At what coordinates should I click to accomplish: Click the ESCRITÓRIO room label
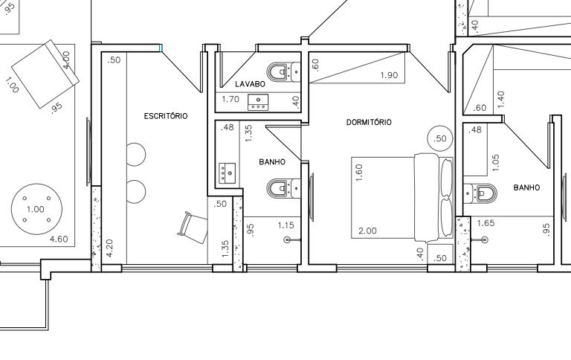point(166,116)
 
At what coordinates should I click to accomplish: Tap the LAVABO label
point(250,84)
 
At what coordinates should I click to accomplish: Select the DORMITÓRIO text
point(369,122)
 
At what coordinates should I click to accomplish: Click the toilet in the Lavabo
point(283,71)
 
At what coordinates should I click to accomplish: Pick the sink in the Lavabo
point(258,102)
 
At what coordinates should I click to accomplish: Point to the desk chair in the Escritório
point(193,227)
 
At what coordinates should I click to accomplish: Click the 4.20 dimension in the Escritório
point(109,248)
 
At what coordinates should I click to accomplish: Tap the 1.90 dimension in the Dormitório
point(389,75)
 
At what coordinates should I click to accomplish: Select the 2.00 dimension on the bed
point(367,231)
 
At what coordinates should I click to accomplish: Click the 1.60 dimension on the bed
point(359,173)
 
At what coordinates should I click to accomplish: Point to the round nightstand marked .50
point(440,138)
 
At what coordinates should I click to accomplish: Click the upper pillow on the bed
point(446,177)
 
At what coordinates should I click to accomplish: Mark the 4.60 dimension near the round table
point(59,239)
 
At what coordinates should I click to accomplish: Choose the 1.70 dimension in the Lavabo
point(230,99)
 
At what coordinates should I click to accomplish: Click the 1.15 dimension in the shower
point(285,225)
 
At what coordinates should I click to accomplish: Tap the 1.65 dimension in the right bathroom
point(485,223)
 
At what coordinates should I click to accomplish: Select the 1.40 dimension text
point(500,99)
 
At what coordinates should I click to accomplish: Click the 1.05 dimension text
point(495,162)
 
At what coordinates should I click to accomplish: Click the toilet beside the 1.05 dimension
point(480,193)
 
